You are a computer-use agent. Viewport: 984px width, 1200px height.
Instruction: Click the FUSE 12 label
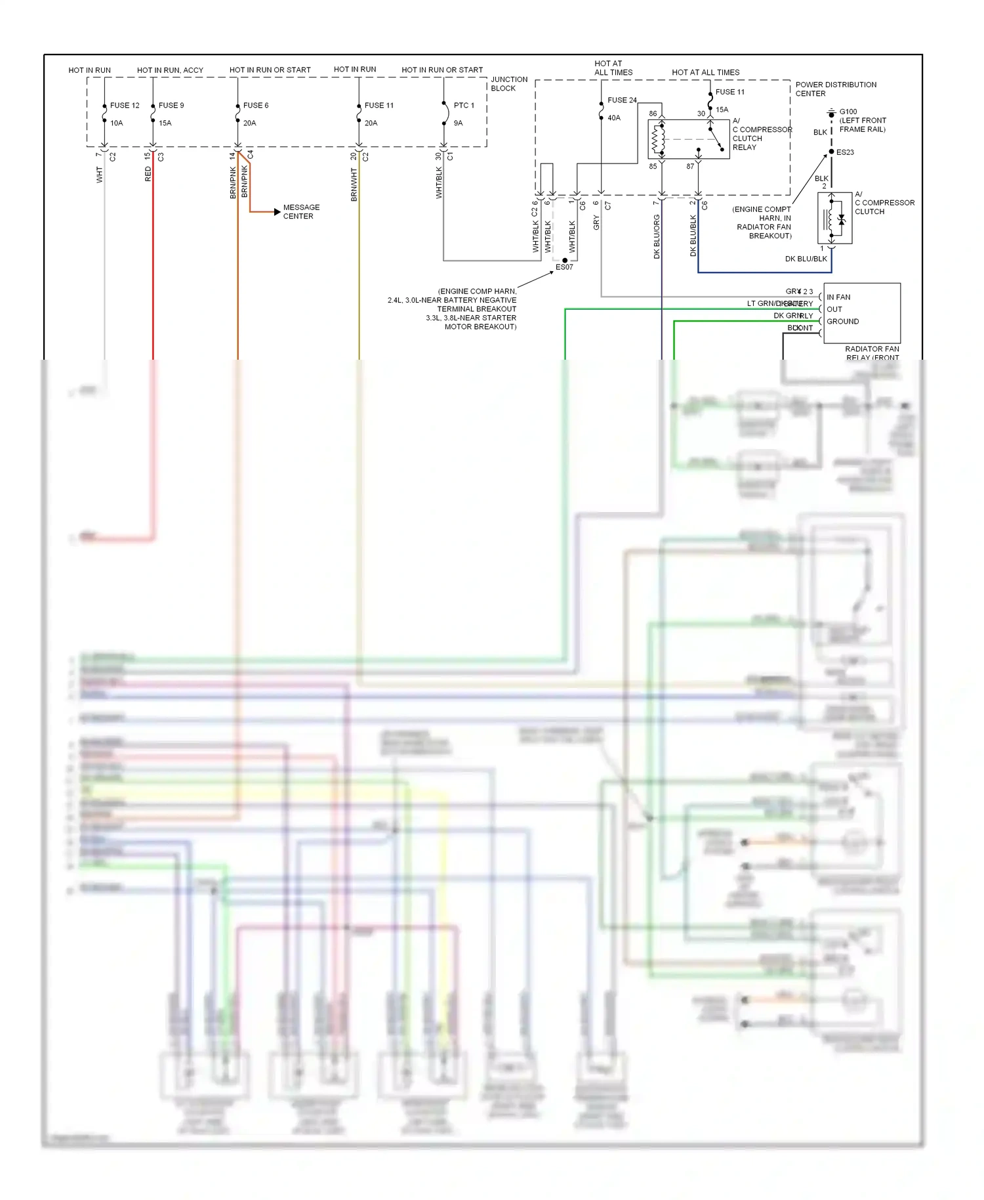click(125, 105)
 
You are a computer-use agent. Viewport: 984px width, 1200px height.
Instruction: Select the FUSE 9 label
click(171, 105)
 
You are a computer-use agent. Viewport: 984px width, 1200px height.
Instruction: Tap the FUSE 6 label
click(255, 105)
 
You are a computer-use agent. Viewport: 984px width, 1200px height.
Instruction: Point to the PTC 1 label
click(464, 105)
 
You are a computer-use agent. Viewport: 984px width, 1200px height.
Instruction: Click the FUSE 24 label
click(622, 100)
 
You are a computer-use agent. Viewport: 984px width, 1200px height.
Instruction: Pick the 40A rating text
click(614, 118)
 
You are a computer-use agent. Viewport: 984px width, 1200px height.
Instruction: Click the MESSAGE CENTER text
click(301, 211)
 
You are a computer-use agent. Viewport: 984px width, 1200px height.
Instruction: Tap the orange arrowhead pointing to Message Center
click(277, 211)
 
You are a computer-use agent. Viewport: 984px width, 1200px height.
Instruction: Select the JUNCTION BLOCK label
click(509, 83)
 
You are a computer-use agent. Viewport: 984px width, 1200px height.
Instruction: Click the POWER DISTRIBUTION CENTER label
click(835, 89)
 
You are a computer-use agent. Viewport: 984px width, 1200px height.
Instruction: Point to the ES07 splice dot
click(565, 261)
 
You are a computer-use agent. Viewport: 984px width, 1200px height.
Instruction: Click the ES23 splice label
click(845, 152)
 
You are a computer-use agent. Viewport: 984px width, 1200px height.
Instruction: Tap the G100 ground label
click(848, 112)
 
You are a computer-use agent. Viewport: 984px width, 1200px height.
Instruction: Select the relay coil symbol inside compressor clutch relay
click(657, 139)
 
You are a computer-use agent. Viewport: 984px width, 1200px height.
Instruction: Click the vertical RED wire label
click(148, 174)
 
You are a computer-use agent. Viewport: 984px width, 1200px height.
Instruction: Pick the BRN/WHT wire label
click(354, 184)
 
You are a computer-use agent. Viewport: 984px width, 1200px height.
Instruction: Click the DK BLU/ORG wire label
click(657, 236)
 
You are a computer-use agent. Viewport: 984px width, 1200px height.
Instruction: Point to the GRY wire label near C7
click(596, 223)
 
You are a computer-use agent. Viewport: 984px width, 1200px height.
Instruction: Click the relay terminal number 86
click(653, 114)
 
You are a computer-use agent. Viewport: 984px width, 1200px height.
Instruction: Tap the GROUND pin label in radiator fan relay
click(842, 322)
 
